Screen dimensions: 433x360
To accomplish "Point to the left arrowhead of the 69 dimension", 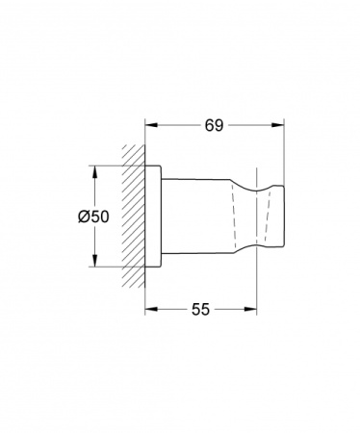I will tap(150, 125).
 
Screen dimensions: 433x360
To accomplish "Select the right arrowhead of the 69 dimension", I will tap(282, 125).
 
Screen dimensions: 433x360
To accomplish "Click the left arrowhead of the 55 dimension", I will tap(150, 310).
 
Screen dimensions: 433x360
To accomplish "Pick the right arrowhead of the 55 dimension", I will tap(254, 310).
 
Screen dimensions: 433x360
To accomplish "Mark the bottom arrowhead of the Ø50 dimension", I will tap(94, 264).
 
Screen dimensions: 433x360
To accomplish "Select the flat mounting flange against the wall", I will tap(152, 217).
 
